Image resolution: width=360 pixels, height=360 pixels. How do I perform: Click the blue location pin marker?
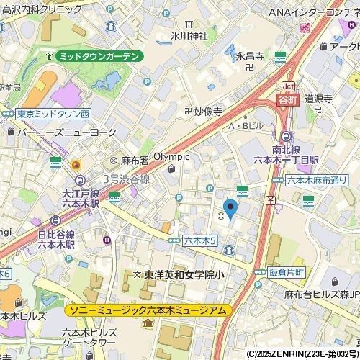[x=230, y=208]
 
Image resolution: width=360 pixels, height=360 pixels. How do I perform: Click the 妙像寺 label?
[x=207, y=112]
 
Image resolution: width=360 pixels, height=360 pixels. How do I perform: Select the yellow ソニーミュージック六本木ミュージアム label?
[x=148, y=310]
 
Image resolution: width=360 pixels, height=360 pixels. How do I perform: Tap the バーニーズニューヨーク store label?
[x=61, y=132]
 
